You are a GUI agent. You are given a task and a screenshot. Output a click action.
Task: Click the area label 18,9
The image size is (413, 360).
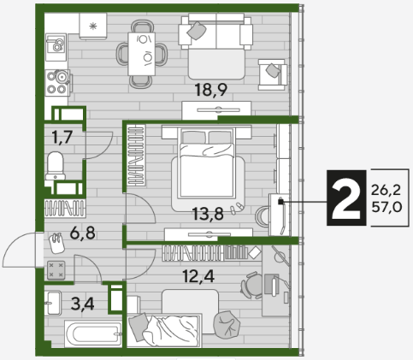[x=211, y=90]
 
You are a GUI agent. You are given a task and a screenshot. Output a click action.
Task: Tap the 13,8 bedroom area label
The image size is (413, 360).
[x=208, y=214]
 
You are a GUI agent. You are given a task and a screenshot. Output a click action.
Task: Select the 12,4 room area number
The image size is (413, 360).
[x=198, y=276]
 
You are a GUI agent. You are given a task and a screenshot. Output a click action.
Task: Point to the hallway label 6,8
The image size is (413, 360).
[x=83, y=233]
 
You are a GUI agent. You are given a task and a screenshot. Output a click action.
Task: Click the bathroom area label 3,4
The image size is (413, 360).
[x=83, y=304]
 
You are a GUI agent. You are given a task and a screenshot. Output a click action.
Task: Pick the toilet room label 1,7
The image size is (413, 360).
[x=62, y=137]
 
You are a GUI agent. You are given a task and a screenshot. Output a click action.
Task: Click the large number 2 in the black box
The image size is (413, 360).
[x=346, y=198]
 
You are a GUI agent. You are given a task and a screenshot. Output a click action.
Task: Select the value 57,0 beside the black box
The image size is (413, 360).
[x=386, y=207]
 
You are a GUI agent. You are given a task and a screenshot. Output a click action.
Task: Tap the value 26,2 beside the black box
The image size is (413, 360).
[x=386, y=190]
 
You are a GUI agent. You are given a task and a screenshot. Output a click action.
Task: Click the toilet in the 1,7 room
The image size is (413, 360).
[x=56, y=166]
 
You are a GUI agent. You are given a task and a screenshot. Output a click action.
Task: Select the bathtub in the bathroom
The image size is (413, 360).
[x=93, y=334]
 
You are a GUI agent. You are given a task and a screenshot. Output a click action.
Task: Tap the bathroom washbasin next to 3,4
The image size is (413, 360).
[x=53, y=303]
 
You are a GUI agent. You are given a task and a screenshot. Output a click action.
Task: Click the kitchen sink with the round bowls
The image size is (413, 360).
[x=56, y=47]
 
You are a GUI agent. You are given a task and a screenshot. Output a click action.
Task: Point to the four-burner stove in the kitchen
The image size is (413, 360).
[x=57, y=83]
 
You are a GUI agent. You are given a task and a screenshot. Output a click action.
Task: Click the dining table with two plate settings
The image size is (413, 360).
[x=142, y=54]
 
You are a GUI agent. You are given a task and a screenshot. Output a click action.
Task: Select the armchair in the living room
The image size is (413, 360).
[x=273, y=74]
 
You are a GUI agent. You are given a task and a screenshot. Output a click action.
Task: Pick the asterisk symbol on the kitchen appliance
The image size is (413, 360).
[x=93, y=27]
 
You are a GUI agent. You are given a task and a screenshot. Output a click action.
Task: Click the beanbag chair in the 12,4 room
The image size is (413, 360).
[x=227, y=325]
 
